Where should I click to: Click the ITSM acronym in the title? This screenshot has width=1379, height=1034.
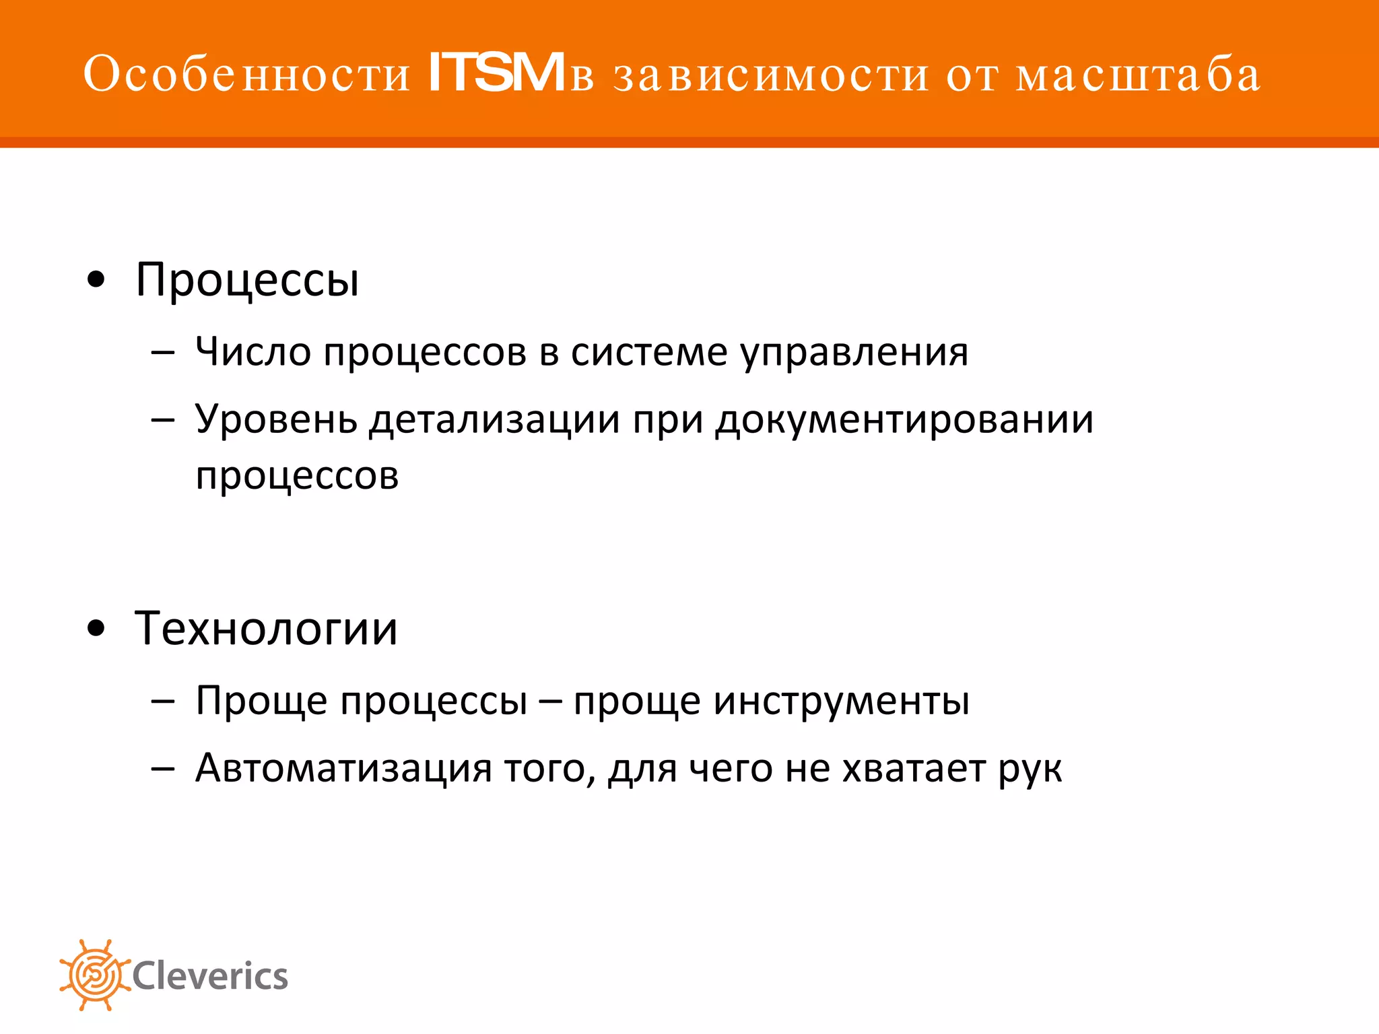pos(496,73)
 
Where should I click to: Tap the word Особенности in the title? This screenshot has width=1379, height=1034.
pos(247,74)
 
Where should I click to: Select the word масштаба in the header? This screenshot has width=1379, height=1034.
pos(1138,74)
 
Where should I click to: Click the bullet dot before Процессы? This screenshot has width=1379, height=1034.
pos(97,280)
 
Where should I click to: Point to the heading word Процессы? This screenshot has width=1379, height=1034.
pos(247,280)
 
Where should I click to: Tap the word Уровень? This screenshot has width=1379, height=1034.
pos(276,420)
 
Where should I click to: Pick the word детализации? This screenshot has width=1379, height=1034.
pos(494,420)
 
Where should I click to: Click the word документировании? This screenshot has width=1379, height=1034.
pos(904,420)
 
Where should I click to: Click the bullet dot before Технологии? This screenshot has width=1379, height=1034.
pos(97,629)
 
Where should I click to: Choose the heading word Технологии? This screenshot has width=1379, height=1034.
pos(267,629)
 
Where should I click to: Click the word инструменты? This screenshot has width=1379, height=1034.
pos(842,701)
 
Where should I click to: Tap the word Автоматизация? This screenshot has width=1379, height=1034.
pos(343,767)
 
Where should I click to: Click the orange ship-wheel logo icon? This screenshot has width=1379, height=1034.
pos(94,975)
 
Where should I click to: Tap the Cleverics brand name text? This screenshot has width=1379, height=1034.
pos(210,976)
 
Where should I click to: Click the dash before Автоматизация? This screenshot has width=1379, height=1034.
pos(163,768)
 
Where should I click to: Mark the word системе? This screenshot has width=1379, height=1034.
pos(649,351)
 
